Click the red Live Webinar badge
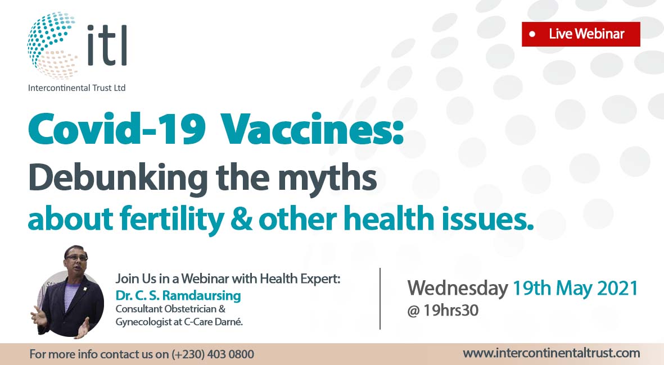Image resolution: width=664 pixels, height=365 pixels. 581,34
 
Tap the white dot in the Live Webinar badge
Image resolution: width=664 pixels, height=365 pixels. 532,34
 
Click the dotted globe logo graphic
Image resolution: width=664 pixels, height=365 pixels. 52,45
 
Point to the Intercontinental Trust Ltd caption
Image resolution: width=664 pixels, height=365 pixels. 76,88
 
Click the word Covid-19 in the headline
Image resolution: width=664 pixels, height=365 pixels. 117,129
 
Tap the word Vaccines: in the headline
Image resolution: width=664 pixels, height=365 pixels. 312,129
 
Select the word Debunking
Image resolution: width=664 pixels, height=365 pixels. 118,177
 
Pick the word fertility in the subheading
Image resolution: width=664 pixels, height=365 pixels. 171,219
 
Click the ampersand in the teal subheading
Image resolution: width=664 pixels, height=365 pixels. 241,219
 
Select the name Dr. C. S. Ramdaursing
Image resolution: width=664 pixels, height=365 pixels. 178,295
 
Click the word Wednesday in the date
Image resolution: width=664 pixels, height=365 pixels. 457,289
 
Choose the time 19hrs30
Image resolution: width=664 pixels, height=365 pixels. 450,311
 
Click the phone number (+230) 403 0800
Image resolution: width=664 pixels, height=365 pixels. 213,354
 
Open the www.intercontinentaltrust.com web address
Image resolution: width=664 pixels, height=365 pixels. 552,353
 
